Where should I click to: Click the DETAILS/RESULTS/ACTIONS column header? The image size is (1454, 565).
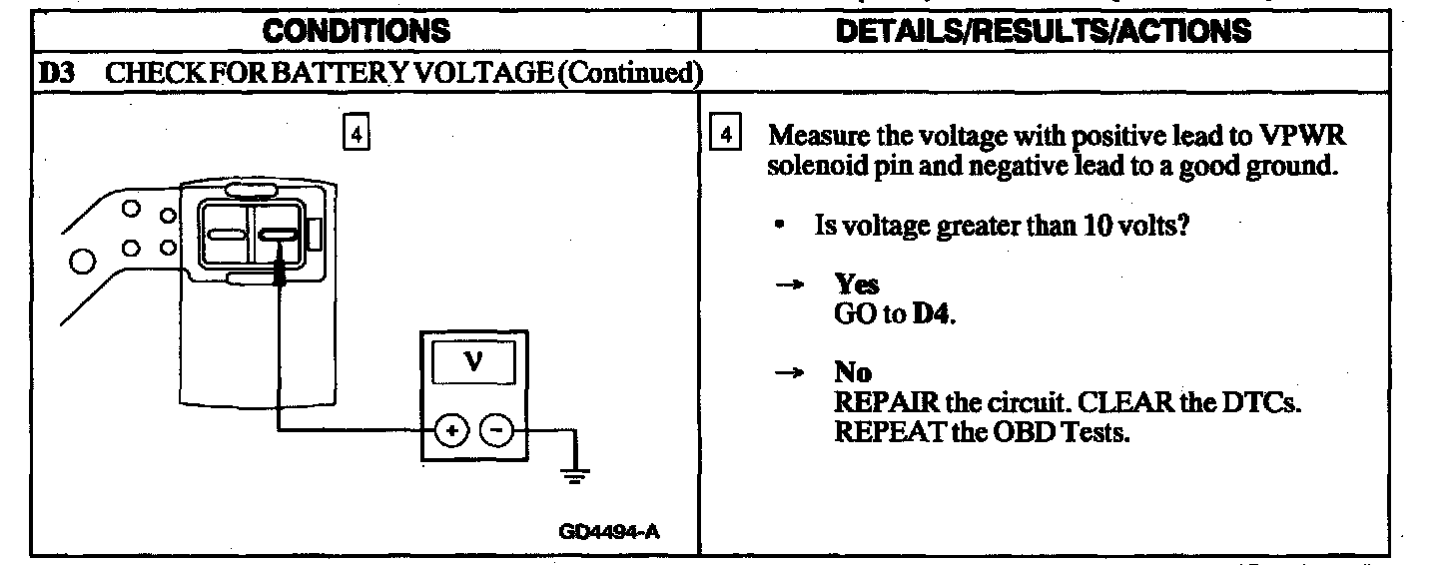pyautogui.click(x=1043, y=31)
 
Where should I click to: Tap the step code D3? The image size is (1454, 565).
pyautogui.click(x=53, y=73)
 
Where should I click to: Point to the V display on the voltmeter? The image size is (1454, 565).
pyautogui.click(x=473, y=363)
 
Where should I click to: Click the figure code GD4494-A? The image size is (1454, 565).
pyautogui.click(x=609, y=531)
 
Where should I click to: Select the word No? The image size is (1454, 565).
pyautogui.click(x=853, y=373)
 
